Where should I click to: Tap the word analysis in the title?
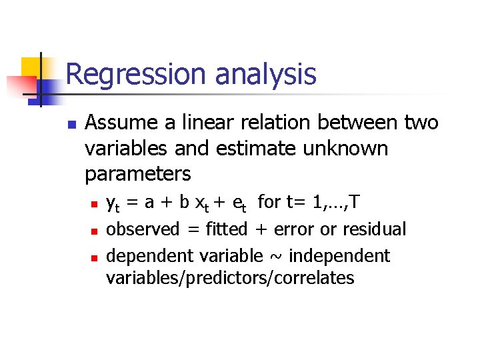coord(265,75)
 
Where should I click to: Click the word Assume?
coord(123,123)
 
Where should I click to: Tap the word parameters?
coord(138,174)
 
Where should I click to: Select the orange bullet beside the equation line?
coord(94,203)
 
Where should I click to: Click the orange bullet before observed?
coord(94,231)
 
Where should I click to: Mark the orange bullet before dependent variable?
coord(94,257)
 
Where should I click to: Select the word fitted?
coord(227,229)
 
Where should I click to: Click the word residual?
coord(374,229)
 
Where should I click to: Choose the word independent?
coord(339,256)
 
